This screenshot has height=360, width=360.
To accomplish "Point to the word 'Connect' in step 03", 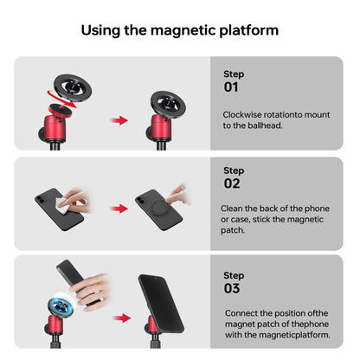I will click(242, 312).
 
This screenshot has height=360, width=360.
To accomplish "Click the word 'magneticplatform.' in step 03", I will click(292, 335).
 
